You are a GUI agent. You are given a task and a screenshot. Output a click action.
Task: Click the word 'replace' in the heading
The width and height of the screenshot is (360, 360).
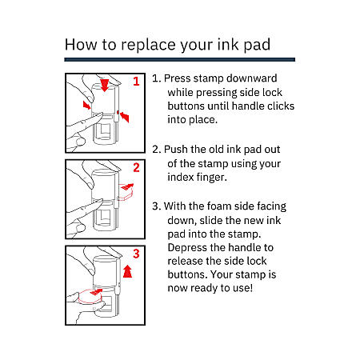(x=146, y=44)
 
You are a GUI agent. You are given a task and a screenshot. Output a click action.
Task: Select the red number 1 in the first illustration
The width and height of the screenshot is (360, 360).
(x=136, y=81)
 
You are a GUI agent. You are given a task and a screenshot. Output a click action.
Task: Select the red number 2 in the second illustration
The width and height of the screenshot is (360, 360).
(x=136, y=167)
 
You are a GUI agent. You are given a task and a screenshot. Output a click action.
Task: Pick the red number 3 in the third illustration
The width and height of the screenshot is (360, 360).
(x=136, y=254)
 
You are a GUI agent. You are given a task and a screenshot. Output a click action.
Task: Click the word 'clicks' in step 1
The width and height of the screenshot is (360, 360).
(x=278, y=106)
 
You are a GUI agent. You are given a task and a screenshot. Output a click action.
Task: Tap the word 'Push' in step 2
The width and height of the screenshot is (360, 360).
(x=177, y=150)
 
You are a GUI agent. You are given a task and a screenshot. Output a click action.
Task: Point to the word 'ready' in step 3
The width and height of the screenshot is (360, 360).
(x=207, y=287)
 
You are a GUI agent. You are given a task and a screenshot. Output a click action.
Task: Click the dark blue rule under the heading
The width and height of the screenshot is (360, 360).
(x=180, y=60)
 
